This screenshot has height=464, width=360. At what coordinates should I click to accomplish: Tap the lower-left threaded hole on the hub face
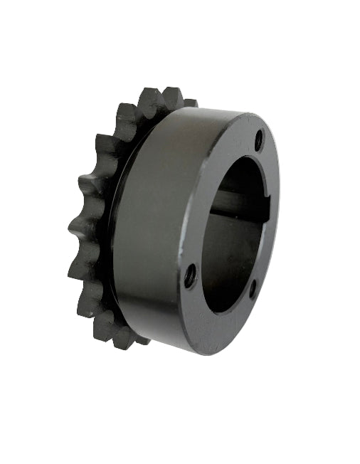point(190,275)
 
